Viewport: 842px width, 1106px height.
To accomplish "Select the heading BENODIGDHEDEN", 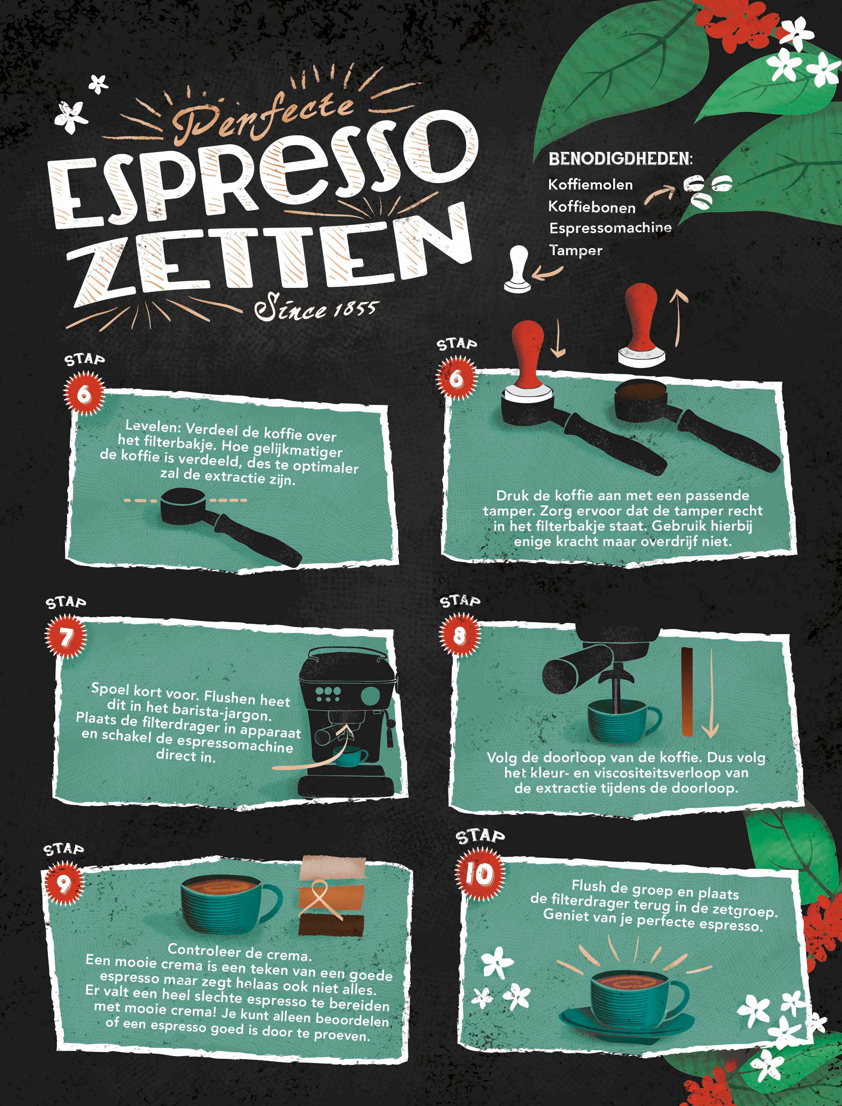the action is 620,159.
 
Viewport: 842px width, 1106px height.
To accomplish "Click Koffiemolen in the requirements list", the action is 590,185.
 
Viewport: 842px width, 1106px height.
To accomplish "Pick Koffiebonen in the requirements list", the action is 592,207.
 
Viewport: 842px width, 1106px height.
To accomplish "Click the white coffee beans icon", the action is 708,191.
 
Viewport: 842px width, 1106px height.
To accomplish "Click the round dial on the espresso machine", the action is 370,696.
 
